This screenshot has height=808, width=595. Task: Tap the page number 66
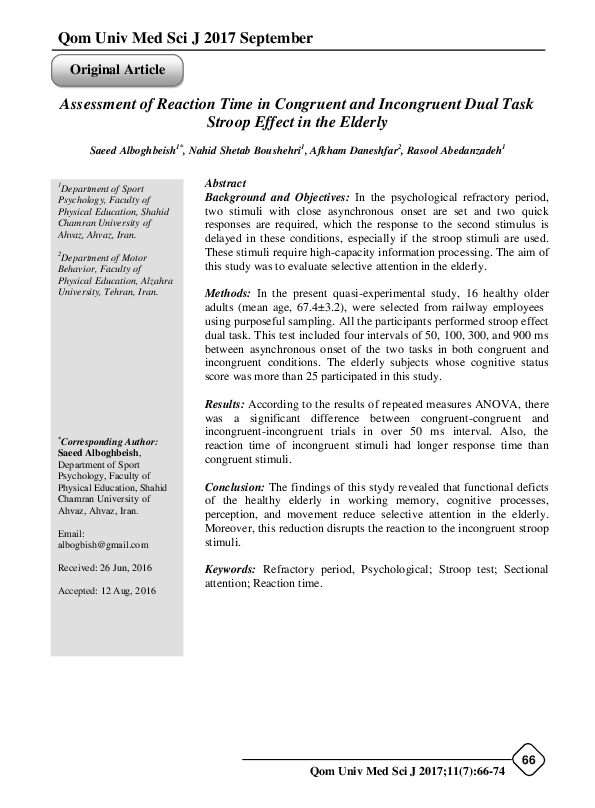click(529, 761)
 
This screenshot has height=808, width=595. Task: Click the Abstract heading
click(225, 184)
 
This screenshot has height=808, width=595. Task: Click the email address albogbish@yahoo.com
click(103, 545)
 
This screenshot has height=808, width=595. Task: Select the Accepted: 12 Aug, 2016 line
click(107, 590)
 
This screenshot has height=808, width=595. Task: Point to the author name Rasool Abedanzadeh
click(457, 150)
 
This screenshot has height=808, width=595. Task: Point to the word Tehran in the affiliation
click(122, 295)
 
